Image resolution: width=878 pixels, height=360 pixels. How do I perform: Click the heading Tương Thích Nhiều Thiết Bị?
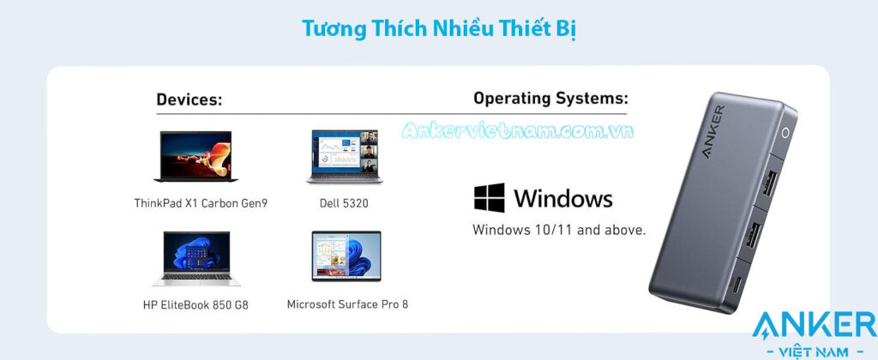[x=439, y=29]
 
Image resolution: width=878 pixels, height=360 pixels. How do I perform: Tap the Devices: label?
[x=189, y=99]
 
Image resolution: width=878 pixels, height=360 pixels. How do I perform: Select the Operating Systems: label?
[x=550, y=99]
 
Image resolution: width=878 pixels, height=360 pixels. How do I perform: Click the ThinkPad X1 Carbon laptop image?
[x=196, y=156]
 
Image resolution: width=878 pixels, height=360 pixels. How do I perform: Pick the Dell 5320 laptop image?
[x=345, y=157]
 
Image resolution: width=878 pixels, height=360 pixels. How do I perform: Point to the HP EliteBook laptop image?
[x=196, y=258]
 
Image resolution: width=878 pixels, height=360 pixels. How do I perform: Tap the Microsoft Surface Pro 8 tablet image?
[x=346, y=256]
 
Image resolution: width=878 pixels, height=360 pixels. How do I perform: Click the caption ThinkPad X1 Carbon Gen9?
[x=201, y=203]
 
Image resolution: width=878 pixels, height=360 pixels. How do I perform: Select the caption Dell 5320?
[x=344, y=203]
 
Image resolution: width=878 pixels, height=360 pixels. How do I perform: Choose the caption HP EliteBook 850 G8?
[x=195, y=305]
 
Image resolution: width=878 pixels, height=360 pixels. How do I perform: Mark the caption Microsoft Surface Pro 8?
[x=347, y=304]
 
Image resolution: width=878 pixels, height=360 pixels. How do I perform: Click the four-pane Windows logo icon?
[x=490, y=198]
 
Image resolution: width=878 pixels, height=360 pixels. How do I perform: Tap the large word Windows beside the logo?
[x=563, y=198]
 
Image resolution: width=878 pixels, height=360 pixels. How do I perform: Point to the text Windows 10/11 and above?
[x=559, y=230]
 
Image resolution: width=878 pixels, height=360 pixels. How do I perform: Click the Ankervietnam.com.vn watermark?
[x=518, y=130]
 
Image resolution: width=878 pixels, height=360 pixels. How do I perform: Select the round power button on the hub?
[x=785, y=133]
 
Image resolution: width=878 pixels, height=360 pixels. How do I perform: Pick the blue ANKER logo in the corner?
[x=815, y=327]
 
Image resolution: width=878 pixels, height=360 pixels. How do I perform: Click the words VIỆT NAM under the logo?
[x=815, y=352]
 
